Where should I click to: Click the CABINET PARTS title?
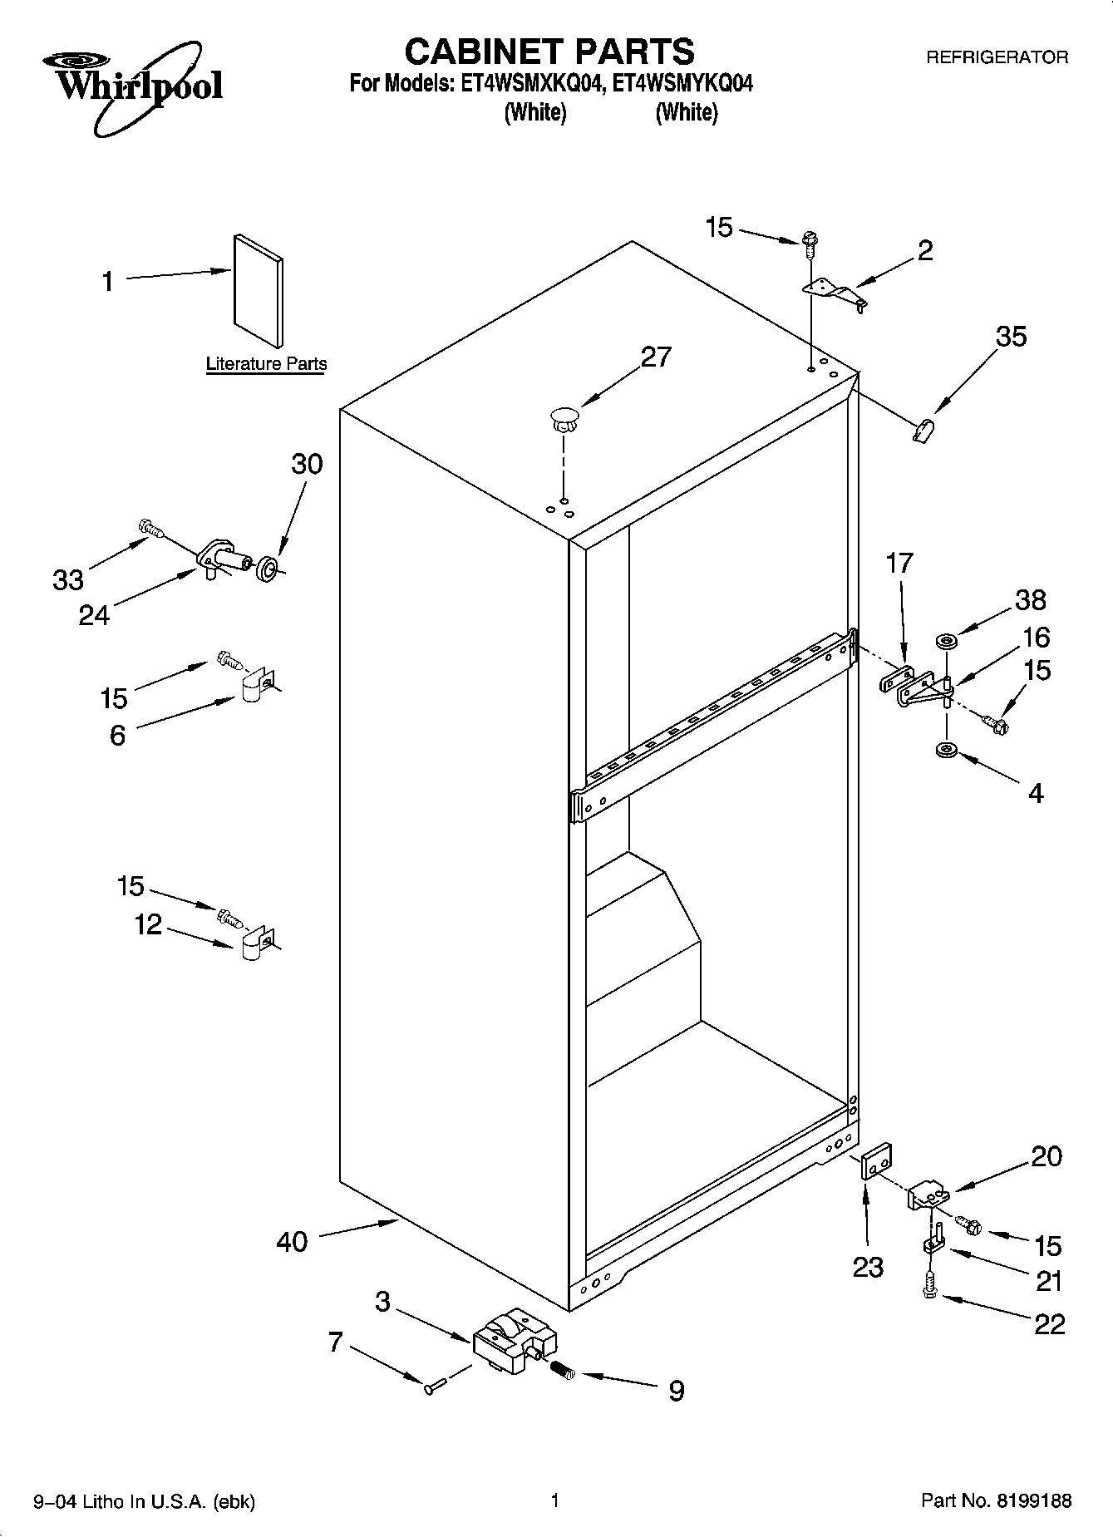[x=549, y=52]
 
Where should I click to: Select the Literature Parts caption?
[x=266, y=364]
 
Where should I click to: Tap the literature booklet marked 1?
[x=258, y=290]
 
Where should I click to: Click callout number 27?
[x=655, y=357]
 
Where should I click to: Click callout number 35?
[x=1011, y=337]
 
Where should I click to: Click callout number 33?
[x=68, y=579]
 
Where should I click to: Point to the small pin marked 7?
[x=436, y=1386]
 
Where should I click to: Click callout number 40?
[x=292, y=1242]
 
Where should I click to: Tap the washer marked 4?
[x=946, y=751]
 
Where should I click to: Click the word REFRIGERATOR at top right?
[x=997, y=57]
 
